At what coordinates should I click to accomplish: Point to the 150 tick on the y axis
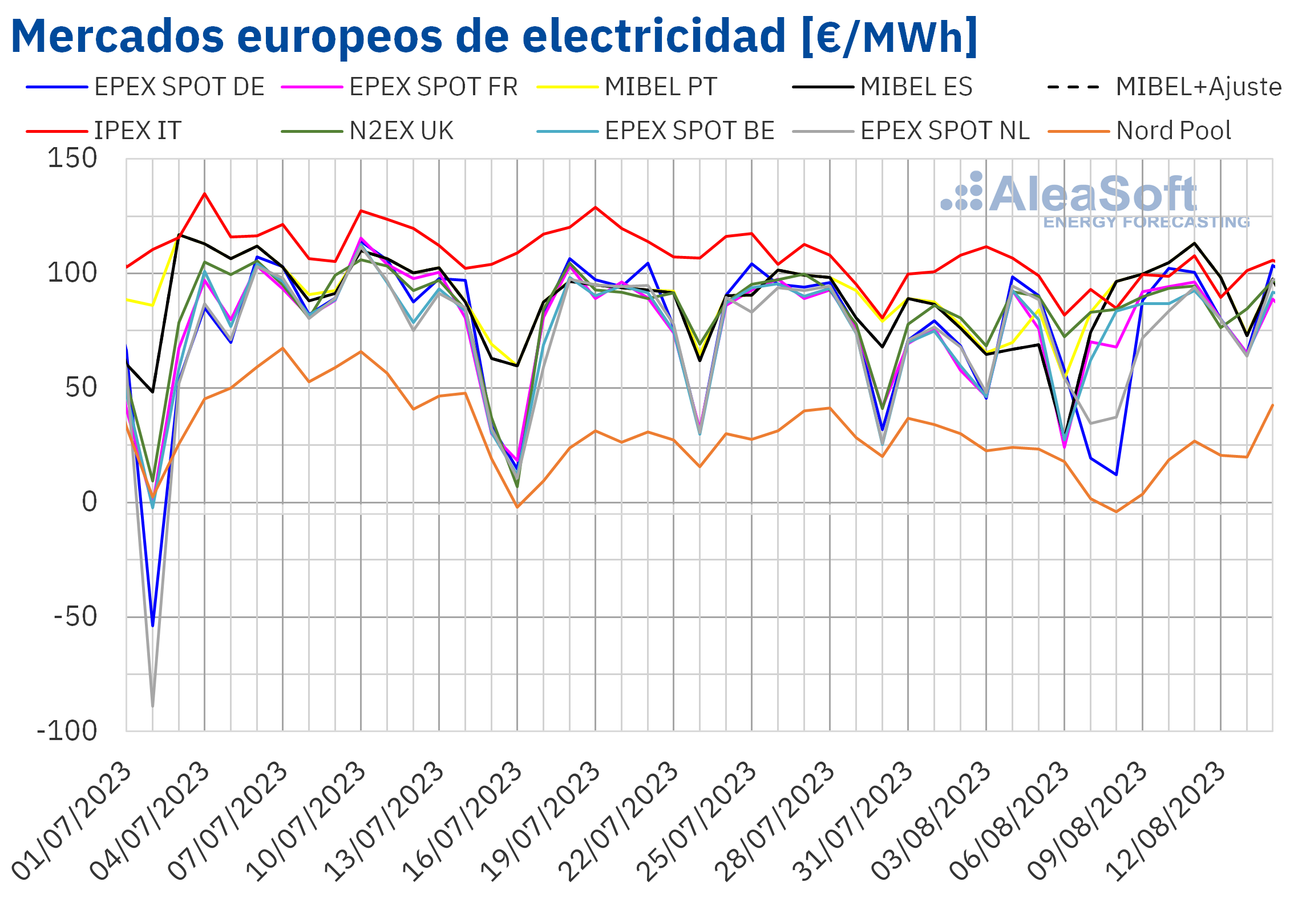click(72, 159)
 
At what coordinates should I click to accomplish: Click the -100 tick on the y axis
click(67, 731)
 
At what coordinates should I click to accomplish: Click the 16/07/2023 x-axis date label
click(463, 821)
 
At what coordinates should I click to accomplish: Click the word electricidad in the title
click(654, 36)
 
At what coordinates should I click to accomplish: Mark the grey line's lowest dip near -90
click(152, 706)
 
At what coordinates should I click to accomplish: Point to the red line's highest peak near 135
click(205, 194)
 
